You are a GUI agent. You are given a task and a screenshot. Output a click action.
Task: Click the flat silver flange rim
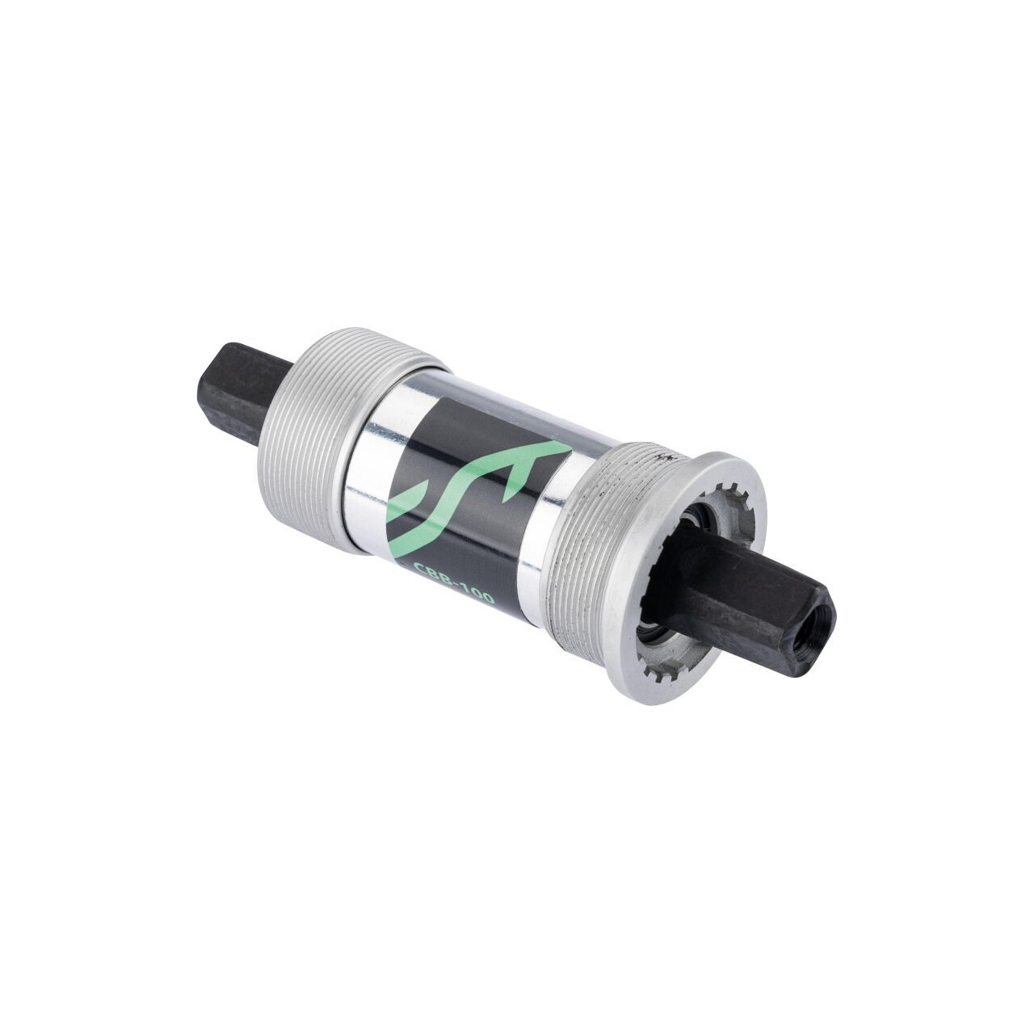pos(646,614)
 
